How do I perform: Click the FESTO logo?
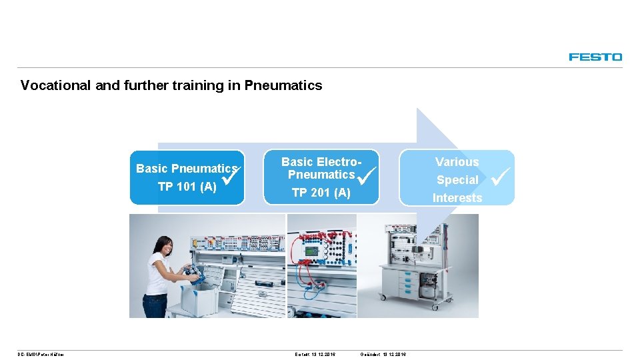[x=595, y=57]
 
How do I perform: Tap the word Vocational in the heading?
[x=51, y=85]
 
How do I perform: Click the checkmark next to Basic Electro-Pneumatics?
[x=367, y=176]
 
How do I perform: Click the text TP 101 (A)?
[x=187, y=187]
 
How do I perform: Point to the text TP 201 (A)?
[x=321, y=193]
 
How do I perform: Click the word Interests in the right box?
[x=457, y=198]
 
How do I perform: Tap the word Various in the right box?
[x=457, y=162]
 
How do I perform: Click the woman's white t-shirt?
[x=157, y=273]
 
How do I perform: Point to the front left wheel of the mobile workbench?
[x=383, y=297]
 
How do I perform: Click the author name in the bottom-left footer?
[x=42, y=354]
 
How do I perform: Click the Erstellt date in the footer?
[x=315, y=354]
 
